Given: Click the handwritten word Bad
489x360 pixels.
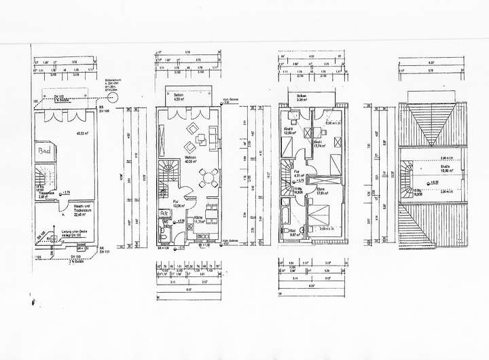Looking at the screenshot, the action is [46, 150].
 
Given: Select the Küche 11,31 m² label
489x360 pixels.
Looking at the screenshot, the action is [200, 220].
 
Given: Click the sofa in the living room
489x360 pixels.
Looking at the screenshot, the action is [216, 140].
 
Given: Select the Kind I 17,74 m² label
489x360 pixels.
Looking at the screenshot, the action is [319, 143].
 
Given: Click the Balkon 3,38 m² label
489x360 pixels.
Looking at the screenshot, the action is [302, 97].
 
